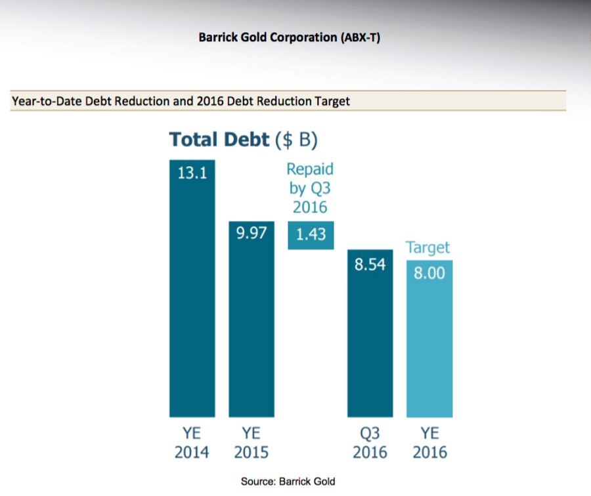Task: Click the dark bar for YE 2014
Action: pyautogui.click(x=192, y=295)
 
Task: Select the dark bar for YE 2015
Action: pyautogui.click(x=252, y=328)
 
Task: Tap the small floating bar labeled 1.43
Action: pyautogui.click(x=311, y=235)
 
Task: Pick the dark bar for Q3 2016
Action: pyautogui.click(x=370, y=341)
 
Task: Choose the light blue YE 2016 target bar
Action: pyautogui.click(x=429, y=348)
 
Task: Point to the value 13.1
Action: pyautogui.click(x=192, y=174)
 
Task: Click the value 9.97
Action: pyautogui.click(x=252, y=233)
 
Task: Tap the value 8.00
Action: pyautogui.click(x=429, y=272)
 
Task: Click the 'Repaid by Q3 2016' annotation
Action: pyautogui.click(x=310, y=188)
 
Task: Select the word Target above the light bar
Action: pyautogui.click(x=427, y=248)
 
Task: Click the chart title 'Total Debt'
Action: pyautogui.click(x=219, y=140)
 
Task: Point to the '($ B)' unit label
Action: pyautogui.click(x=296, y=140)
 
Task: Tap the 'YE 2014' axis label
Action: pyautogui.click(x=192, y=443)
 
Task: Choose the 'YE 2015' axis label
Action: pyautogui.click(x=251, y=443)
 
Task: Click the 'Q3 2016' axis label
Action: pyautogui.click(x=370, y=443)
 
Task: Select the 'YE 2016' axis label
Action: pyautogui.click(x=429, y=443)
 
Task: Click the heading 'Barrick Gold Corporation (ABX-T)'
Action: pyautogui.click(x=289, y=37)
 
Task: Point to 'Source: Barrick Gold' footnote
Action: pyautogui.click(x=288, y=482)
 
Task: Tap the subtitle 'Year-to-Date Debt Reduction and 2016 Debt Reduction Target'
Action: pyautogui.click(x=181, y=102)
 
